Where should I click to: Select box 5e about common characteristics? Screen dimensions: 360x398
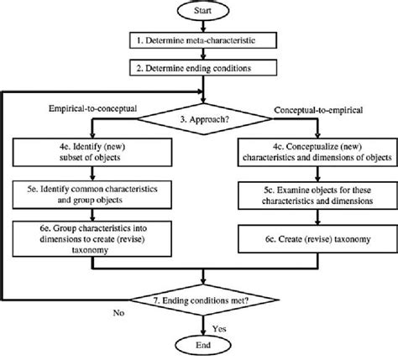pos(95,196)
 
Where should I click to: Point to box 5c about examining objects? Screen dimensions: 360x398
pos(310,197)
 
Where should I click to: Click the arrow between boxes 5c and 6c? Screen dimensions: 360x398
pos(310,218)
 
